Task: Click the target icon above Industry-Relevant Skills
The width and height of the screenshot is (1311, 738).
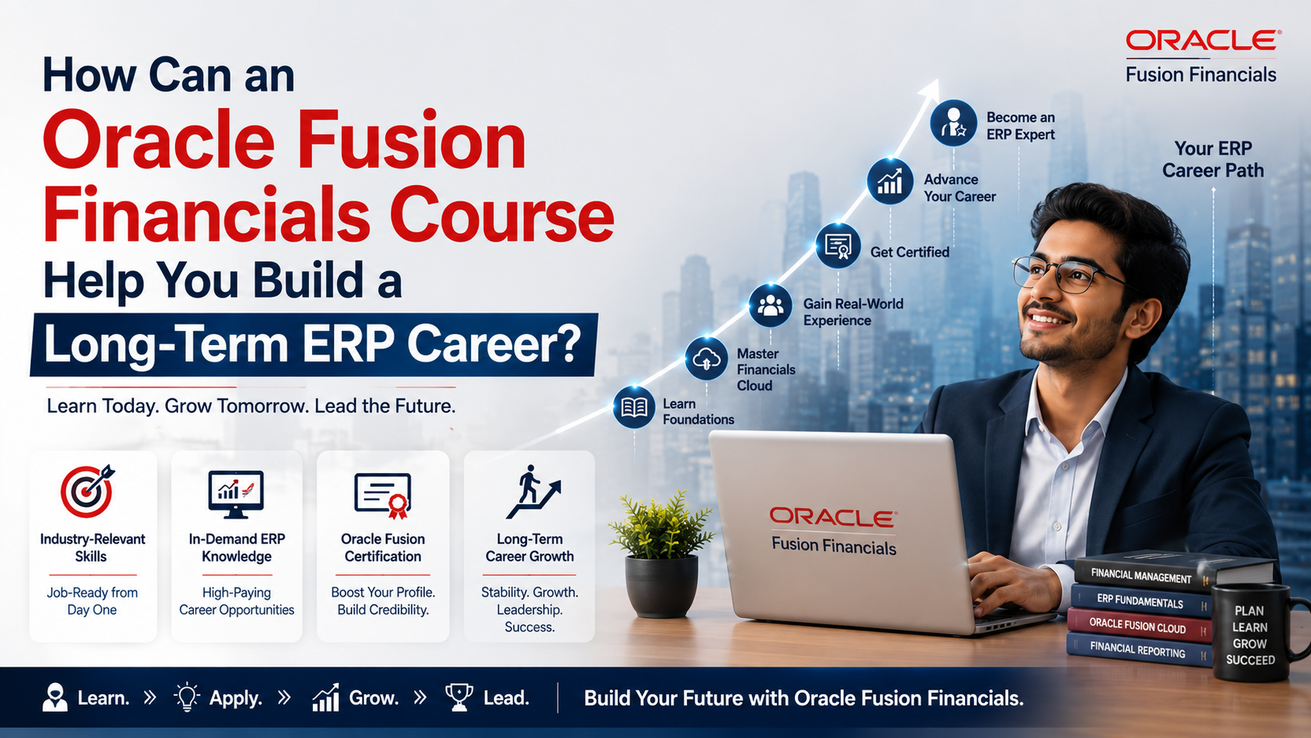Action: click(x=87, y=491)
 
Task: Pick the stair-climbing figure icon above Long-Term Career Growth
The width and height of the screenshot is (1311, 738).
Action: click(x=533, y=492)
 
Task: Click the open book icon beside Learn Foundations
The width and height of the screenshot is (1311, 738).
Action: click(x=634, y=407)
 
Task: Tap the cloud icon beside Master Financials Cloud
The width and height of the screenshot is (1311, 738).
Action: click(x=706, y=358)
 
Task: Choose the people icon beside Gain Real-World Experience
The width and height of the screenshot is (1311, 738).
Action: click(x=770, y=306)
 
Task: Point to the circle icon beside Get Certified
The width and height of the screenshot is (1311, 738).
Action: click(x=838, y=245)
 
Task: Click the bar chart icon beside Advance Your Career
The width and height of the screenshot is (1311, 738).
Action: click(x=890, y=181)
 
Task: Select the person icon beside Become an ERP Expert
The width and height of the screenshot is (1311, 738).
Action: click(x=953, y=123)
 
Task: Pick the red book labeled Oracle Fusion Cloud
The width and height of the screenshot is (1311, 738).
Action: click(x=1138, y=626)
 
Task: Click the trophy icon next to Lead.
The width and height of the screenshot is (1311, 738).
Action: click(x=459, y=697)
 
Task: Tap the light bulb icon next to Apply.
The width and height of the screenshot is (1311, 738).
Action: click(x=187, y=697)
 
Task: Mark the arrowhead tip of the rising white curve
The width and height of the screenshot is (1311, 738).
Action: click(x=937, y=80)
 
